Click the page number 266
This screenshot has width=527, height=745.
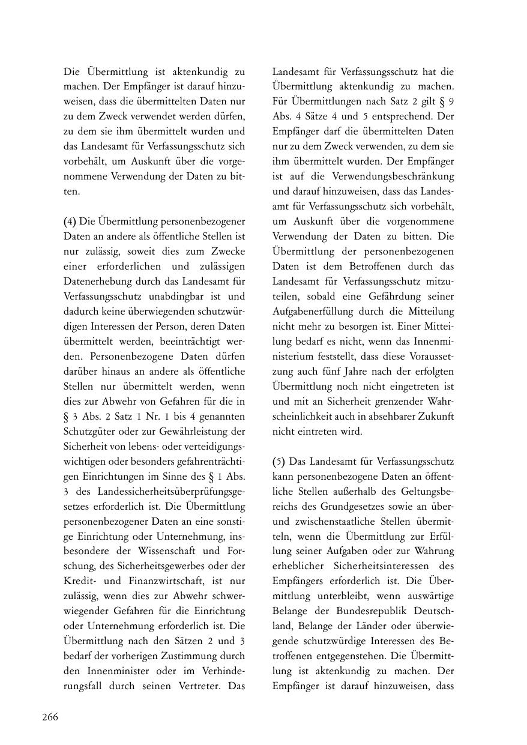click(x=50, y=717)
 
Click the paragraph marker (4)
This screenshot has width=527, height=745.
click(x=70, y=222)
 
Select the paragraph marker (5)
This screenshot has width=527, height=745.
click(x=279, y=462)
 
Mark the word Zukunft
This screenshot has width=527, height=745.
click(x=436, y=417)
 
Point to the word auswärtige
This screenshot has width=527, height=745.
click(x=429, y=596)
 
